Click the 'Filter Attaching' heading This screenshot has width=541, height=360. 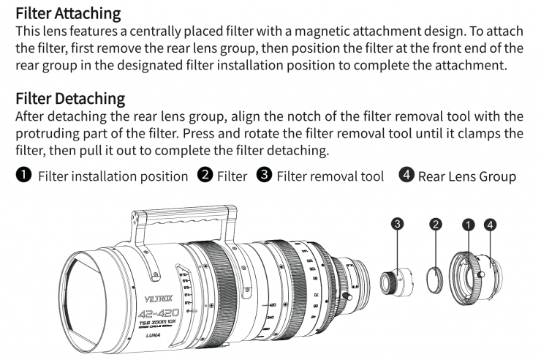click(x=68, y=12)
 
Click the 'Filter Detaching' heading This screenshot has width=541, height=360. click(x=70, y=98)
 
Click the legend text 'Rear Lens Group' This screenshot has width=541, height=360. click(x=467, y=176)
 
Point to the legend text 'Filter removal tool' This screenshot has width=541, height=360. click(x=330, y=176)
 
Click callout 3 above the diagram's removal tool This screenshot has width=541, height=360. click(x=397, y=225)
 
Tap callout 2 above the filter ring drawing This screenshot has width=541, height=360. click(x=436, y=225)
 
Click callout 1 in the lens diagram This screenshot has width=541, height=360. click(x=469, y=225)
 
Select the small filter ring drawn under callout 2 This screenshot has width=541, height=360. click(x=436, y=282)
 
